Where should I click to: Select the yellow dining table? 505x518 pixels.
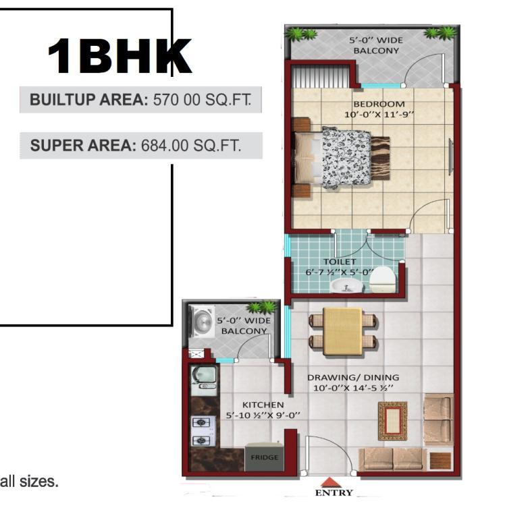[x=342, y=331]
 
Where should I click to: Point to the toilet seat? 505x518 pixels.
[x=382, y=279]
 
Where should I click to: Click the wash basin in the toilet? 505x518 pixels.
[x=346, y=286]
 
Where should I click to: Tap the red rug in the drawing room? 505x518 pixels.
[x=392, y=421]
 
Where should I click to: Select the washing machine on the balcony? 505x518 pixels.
[x=201, y=321]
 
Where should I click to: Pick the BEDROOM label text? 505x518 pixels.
[x=379, y=104]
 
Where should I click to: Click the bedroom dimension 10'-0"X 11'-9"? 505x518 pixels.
[x=379, y=115]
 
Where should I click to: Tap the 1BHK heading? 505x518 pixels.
[x=119, y=56]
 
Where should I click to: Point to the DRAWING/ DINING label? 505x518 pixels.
[x=353, y=377]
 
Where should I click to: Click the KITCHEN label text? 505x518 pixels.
[x=263, y=405]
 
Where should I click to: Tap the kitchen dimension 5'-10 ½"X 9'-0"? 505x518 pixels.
[x=263, y=415]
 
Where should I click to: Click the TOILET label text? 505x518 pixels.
[x=340, y=262]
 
